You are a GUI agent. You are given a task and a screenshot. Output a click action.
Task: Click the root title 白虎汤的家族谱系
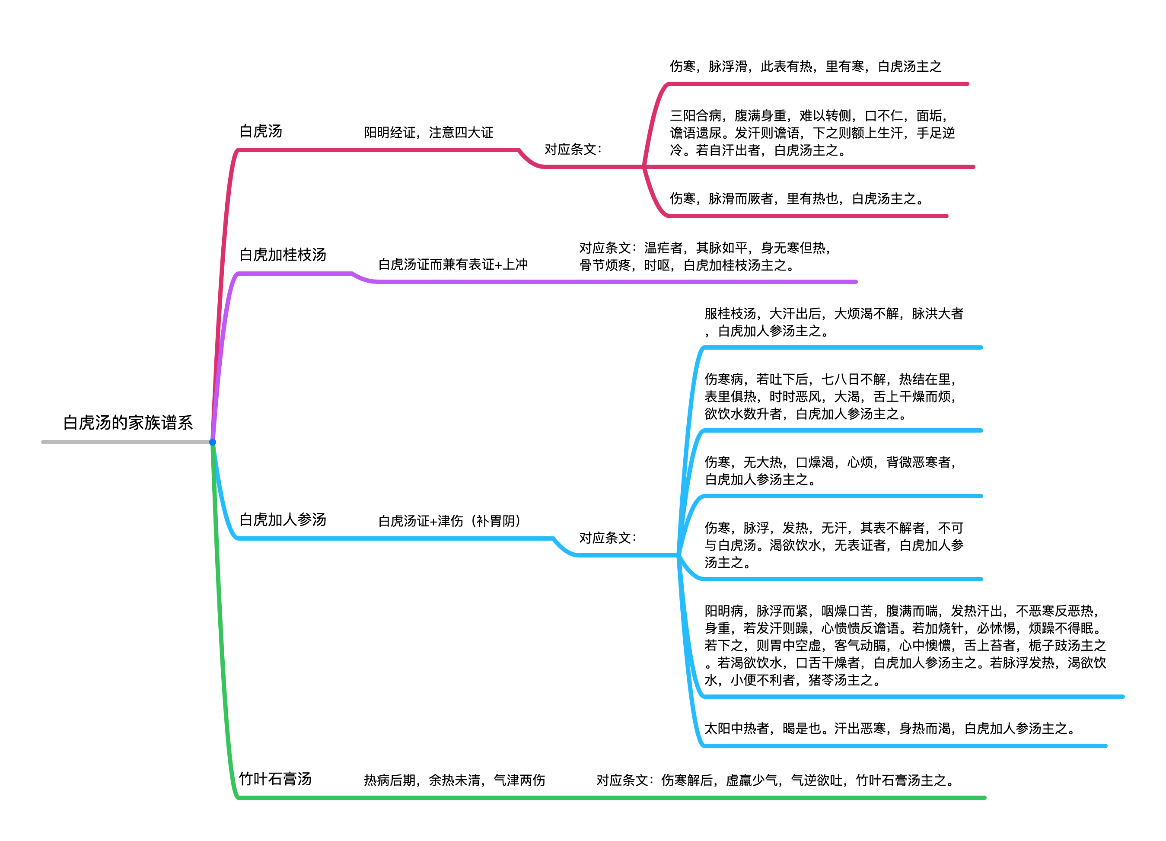128,423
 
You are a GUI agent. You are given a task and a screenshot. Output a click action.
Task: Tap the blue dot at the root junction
212,442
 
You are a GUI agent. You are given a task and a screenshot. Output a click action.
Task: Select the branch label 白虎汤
261,131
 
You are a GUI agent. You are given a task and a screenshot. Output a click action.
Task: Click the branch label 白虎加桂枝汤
283,255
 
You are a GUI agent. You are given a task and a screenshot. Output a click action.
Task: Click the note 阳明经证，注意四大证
428,133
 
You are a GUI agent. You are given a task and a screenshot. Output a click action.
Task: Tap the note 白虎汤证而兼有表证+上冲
453,264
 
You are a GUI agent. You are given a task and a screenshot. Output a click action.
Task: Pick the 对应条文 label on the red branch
573,149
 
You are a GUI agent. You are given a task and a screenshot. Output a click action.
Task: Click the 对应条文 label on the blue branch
608,538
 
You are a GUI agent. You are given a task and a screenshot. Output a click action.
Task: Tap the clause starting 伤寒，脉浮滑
806,66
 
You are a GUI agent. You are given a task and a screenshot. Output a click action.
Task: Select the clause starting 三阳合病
812,133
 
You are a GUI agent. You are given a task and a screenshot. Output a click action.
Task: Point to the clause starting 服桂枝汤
834,322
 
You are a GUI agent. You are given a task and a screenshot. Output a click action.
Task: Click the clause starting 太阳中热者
890,729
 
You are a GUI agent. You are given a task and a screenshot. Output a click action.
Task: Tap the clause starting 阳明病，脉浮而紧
905,645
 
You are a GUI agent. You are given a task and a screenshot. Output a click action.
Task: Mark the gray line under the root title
127,442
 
